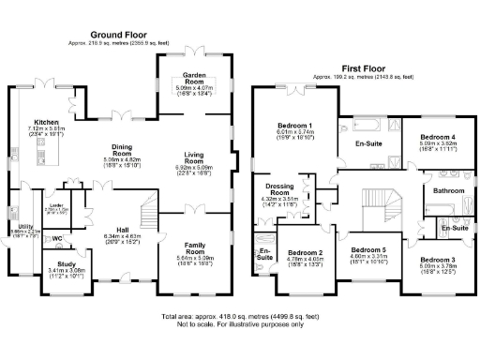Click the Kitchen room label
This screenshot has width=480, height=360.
tap(47, 123)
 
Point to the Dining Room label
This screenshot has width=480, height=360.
tap(121, 149)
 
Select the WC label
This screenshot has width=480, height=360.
tap(56, 239)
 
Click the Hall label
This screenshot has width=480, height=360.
tap(122, 229)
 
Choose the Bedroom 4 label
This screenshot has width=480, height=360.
tap(436, 138)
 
